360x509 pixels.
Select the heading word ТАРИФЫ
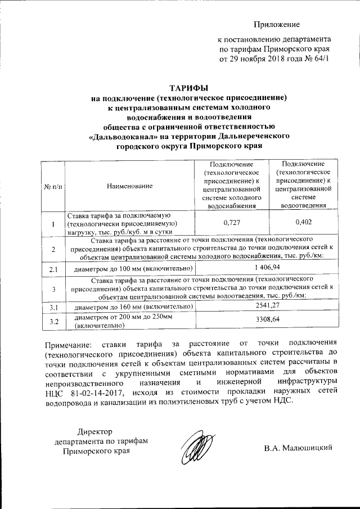pyautogui.click(x=189, y=87)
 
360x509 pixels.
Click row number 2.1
pyautogui.click(x=54, y=269)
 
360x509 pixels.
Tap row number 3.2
pyautogui.click(x=54, y=321)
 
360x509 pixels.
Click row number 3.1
pyautogui.click(x=54, y=307)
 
